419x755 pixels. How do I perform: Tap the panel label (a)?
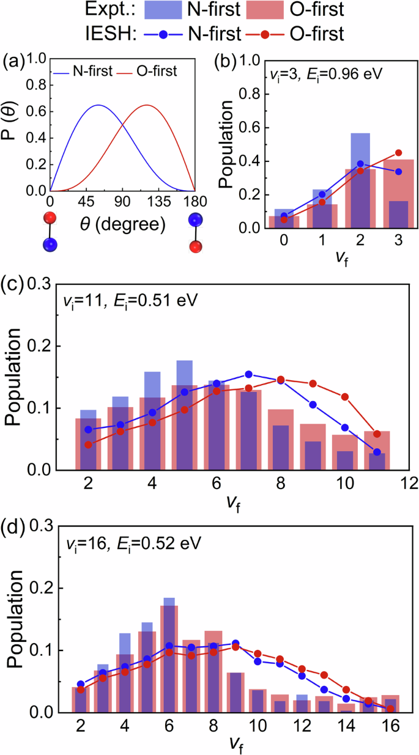13,62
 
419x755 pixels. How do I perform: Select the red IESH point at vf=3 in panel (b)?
399,153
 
